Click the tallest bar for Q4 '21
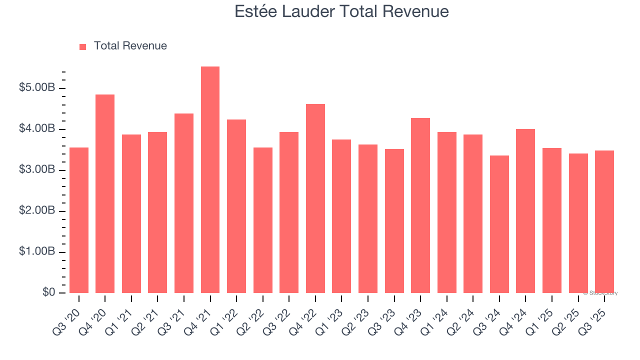point(210,180)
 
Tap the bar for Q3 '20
point(79,220)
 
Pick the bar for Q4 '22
point(315,198)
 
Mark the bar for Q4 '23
point(420,205)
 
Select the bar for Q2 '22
point(263,220)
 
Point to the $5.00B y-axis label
point(37,88)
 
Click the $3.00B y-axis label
point(37,170)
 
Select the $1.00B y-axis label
point(37,251)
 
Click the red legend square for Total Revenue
point(83,46)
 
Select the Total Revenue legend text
point(130,46)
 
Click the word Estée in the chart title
point(253,11)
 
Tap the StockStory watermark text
point(600,293)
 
